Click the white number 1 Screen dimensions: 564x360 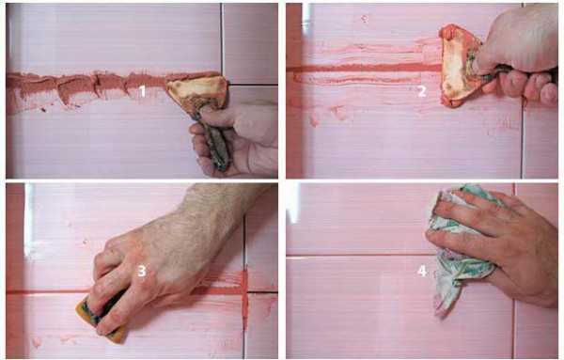coord(143,91)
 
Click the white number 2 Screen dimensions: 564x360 coord(422,91)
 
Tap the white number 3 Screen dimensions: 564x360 coord(142,271)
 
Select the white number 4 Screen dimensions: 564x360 coord(422,271)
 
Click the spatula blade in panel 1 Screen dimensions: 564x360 coord(197,92)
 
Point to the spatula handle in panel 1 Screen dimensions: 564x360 coord(213,140)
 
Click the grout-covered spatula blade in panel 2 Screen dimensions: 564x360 coord(458,66)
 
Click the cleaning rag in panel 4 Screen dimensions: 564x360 coord(461,248)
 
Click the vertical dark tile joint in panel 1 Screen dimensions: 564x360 coord(222,38)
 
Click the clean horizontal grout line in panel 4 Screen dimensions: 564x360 coord(360,255)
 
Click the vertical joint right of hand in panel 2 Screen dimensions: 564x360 coord(522,140)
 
